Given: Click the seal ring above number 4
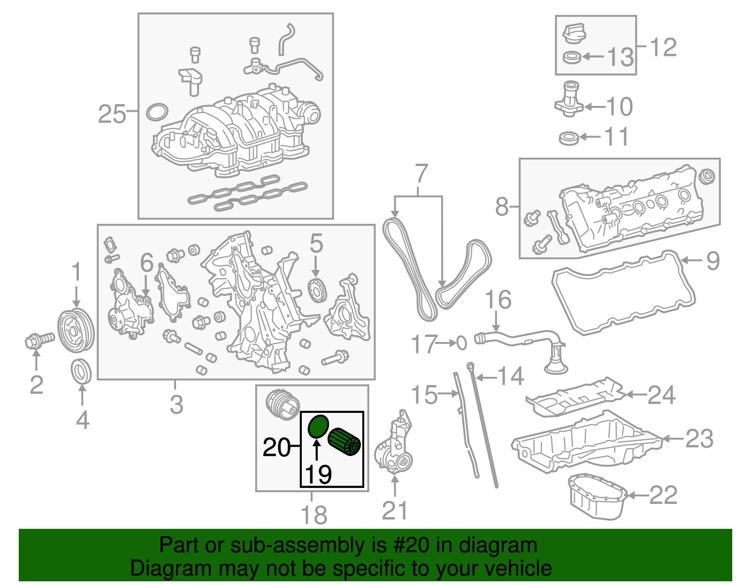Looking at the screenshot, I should tap(82, 372).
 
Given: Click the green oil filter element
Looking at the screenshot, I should tap(345, 442).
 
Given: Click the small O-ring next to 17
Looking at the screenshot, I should tap(462, 343).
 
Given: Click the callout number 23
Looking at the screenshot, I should tap(699, 439).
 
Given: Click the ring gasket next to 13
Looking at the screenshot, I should tap(572, 58).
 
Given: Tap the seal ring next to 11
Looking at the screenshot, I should tap(569, 138).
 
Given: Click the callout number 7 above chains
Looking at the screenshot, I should tap(421, 174).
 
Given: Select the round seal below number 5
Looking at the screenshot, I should tap(317, 290).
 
